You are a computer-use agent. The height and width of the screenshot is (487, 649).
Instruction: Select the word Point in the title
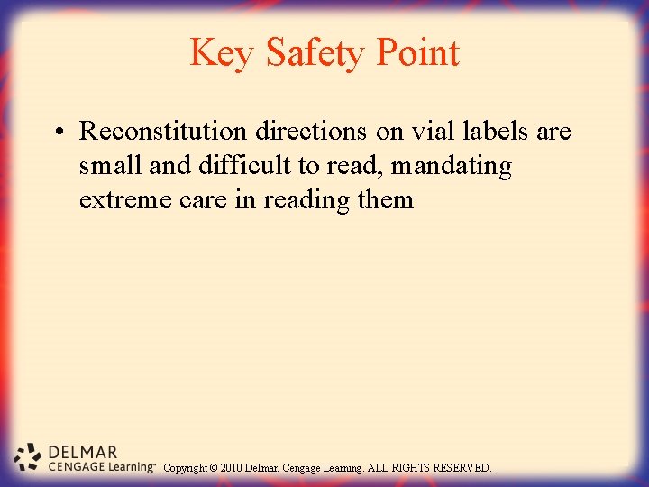[417, 53]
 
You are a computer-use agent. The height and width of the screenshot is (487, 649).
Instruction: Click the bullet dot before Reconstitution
[57, 133]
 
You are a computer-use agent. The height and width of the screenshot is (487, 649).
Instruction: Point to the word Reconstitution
[163, 132]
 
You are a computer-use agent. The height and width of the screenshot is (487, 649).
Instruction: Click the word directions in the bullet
[312, 132]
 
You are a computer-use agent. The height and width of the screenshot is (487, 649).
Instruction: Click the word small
[106, 166]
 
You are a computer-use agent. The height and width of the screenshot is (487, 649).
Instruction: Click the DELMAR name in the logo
[83, 452]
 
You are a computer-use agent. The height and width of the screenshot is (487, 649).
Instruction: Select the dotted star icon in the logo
[28, 456]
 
